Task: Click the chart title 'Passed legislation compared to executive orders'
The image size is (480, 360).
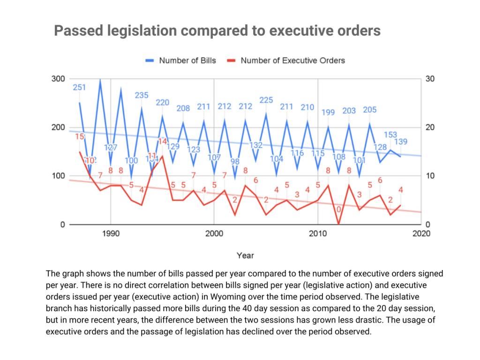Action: coord(217,31)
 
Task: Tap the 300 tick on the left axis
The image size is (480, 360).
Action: coord(58,79)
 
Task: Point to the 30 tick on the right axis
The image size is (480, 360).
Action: coord(429,79)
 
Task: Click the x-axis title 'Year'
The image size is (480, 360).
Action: coord(245,255)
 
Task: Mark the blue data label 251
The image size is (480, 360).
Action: coord(79,87)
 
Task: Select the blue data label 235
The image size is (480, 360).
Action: coord(142,95)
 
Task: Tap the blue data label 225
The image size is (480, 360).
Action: coord(266,100)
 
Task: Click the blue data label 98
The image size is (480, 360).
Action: coord(235,162)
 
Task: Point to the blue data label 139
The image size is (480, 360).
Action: coord(401,142)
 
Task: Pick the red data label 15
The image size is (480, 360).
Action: coord(79,136)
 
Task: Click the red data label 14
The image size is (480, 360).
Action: coord(162,141)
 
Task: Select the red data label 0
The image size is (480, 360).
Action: coord(338,209)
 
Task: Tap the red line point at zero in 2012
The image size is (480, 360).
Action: coord(338,224)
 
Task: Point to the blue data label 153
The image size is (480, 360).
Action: coord(390,135)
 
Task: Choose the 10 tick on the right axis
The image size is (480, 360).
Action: coord(429,176)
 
